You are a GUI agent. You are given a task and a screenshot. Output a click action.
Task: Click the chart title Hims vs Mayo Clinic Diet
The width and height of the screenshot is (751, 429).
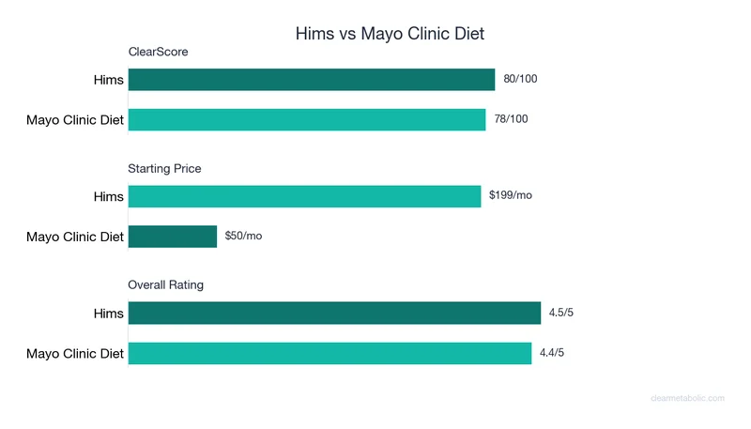(x=390, y=34)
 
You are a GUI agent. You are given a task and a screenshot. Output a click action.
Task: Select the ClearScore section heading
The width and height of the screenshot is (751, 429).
(x=158, y=53)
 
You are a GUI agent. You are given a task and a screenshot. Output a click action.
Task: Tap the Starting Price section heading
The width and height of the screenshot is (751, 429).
(x=164, y=169)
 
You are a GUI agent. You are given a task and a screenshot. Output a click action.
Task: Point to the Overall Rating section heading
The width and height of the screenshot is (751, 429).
(x=165, y=284)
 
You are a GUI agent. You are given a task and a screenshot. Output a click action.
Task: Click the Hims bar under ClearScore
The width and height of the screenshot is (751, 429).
(x=312, y=80)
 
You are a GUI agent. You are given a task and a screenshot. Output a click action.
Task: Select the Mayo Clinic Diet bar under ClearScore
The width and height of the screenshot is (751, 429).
(x=307, y=119)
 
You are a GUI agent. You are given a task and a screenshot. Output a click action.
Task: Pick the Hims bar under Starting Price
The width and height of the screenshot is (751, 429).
(x=304, y=196)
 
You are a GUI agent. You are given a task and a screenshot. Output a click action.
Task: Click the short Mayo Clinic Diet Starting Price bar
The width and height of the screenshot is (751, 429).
(x=173, y=236)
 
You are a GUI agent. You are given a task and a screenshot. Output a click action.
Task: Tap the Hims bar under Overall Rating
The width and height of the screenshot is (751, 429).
(x=334, y=313)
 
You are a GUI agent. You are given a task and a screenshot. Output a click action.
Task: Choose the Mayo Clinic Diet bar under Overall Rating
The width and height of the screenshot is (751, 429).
(x=330, y=353)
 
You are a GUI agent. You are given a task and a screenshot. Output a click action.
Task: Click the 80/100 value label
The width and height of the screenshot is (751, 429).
(x=521, y=80)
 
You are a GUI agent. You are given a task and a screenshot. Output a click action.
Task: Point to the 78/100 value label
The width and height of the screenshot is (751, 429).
(x=512, y=119)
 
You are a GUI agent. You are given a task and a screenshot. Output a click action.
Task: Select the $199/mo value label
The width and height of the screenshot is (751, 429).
(x=511, y=195)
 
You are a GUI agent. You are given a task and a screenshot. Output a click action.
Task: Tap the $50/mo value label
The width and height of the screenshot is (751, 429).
(x=243, y=236)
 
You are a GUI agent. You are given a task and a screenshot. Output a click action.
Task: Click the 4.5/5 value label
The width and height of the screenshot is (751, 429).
(x=560, y=313)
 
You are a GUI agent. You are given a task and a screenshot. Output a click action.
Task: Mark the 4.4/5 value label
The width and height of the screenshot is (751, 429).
(x=551, y=353)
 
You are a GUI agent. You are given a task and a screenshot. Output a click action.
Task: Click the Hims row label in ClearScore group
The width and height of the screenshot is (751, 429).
(x=108, y=80)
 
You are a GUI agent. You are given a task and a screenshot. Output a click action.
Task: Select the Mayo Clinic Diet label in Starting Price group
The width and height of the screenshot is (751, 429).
(x=75, y=237)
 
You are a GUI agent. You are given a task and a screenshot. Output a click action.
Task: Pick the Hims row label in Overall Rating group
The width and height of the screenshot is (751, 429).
(x=108, y=314)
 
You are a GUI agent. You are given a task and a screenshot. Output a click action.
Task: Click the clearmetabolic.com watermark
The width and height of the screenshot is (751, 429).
(x=687, y=398)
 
